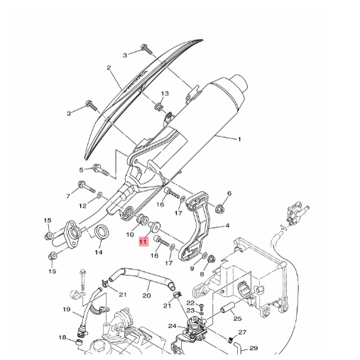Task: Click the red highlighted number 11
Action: point(143,242)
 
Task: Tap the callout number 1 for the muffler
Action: point(239,139)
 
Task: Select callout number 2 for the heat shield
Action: point(109,68)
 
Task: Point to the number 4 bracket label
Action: point(227,226)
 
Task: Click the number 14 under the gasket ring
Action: point(99,252)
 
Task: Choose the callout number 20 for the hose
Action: point(147,295)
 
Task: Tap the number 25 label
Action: point(237,319)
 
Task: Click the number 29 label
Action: point(253,348)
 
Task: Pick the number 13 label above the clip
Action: point(165,94)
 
